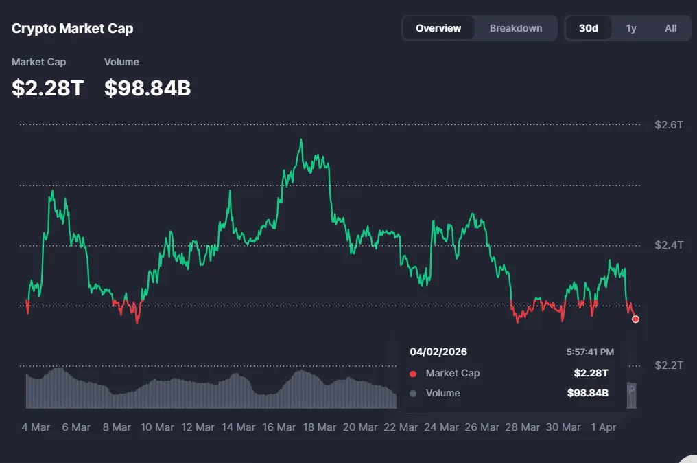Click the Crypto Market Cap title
click(73, 29)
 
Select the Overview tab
click(438, 28)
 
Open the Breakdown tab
click(516, 28)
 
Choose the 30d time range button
click(589, 28)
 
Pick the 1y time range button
click(631, 28)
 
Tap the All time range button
click(670, 28)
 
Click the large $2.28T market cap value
click(47, 88)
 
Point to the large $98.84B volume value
click(147, 88)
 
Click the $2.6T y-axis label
click(669, 125)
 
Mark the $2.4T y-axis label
click(669, 245)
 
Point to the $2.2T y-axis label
click(669, 365)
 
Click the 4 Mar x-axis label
click(36, 427)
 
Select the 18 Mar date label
click(318, 427)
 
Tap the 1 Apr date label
click(603, 427)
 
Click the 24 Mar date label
click(440, 427)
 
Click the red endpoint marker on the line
click(636, 319)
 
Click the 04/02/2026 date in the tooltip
click(438, 352)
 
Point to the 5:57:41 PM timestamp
click(590, 352)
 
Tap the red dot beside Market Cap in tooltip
click(413, 374)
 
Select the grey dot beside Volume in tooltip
click(413, 394)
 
